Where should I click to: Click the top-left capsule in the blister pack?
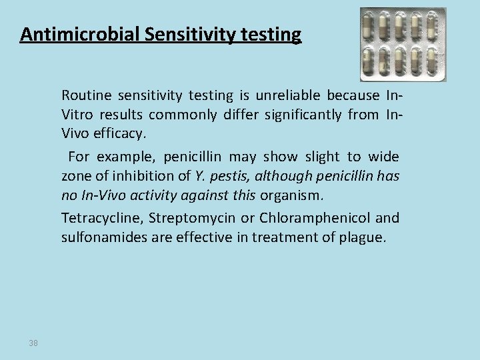tap(369, 26)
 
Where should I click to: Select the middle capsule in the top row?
tap(410, 26)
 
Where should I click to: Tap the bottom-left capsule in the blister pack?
tap(369, 65)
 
